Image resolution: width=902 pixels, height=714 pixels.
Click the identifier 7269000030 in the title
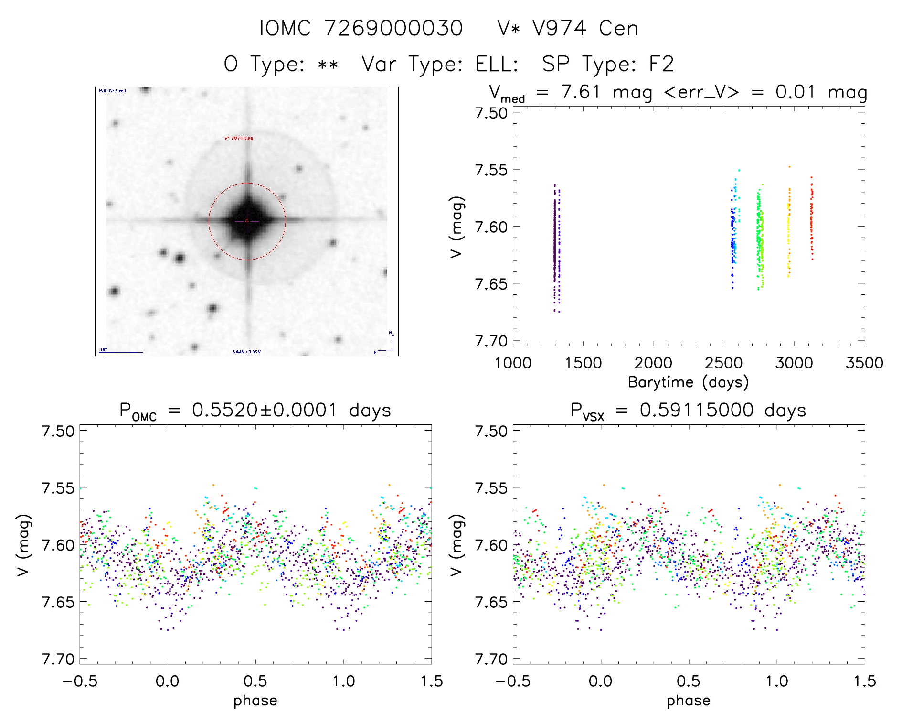[x=393, y=28]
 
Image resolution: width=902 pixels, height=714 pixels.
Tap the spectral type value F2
[x=661, y=64]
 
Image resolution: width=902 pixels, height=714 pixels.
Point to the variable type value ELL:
[x=497, y=64]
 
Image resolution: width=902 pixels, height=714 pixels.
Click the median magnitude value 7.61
[x=580, y=92]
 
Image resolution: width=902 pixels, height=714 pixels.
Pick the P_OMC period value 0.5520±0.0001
[x=265, y=410]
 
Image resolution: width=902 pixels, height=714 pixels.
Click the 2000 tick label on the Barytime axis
[x=653, y=363]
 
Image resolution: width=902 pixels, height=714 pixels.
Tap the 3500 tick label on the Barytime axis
[x=864, y=363]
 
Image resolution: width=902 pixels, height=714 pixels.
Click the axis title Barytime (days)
[x=688, y=382]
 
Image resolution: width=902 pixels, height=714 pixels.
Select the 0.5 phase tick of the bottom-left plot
[x=255, y=681]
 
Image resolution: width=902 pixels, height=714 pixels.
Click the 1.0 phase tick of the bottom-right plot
[x=777, y=681]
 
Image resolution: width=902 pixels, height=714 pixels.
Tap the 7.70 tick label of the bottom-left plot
[x=58, y=659]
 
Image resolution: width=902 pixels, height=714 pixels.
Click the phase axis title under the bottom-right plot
[x=688, y=701]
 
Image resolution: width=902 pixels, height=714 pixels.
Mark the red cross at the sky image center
[x=247, y=220]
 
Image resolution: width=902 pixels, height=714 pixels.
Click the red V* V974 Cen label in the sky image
[x=239, y=138]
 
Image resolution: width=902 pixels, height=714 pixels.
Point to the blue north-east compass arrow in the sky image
[x=389, y=344]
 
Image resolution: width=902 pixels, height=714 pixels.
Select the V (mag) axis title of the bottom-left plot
[x=24, y=545]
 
